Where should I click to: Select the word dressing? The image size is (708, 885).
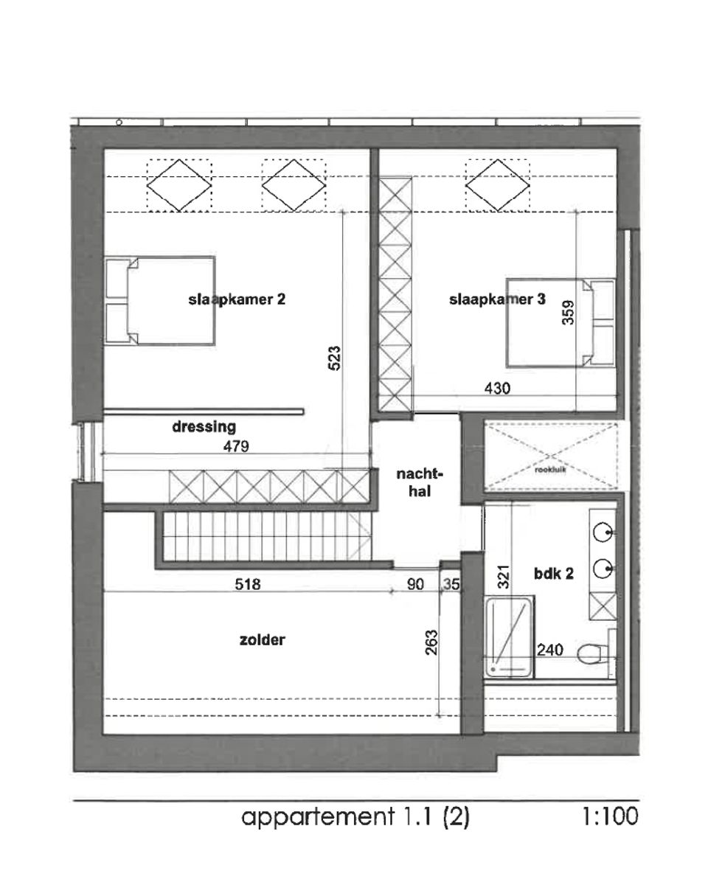(x=204, y=426)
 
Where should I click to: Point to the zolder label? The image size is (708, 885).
(x=262, y=641)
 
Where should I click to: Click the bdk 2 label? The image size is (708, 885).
(x=552, y=574)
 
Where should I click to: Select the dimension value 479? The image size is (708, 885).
(x=237, y=445)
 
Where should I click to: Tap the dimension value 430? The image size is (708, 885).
(x=498, y=387)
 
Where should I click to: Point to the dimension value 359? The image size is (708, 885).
(x=567, y=316)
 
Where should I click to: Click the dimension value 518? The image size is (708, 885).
(x=248, y=584)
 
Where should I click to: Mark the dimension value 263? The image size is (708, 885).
(x=431, y=642)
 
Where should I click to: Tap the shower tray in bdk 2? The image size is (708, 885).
(x=509, y=636)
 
